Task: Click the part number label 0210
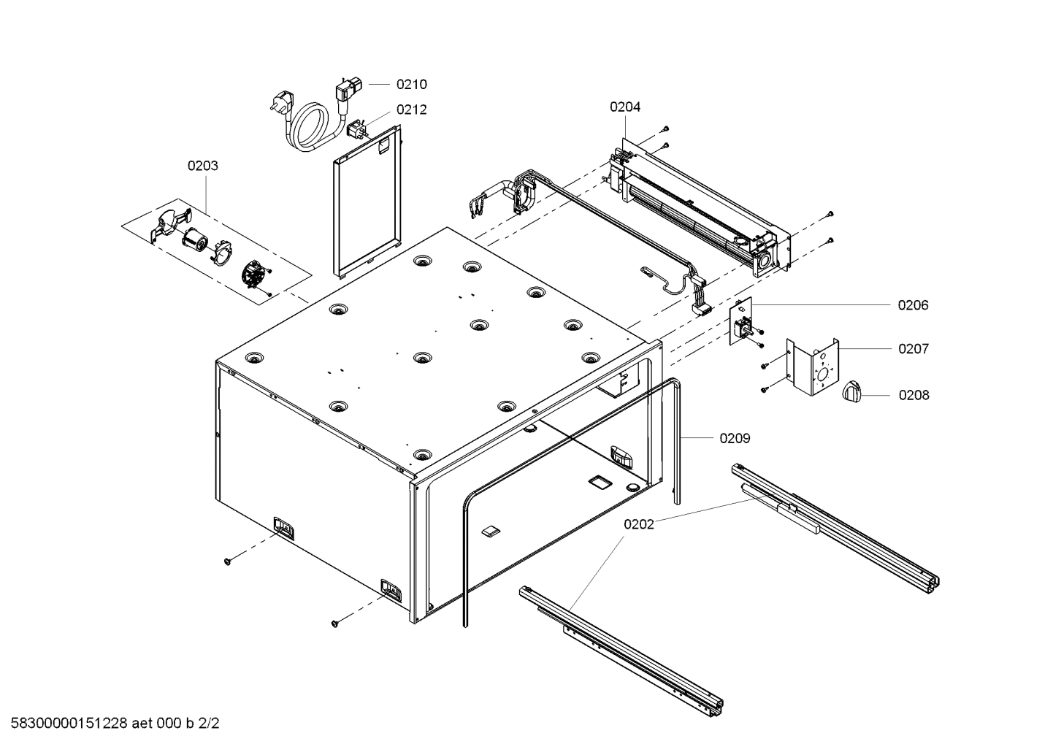tap(411, 84)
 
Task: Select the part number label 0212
tap(411, 110)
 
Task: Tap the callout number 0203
tap(202, 166)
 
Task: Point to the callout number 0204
tap(625, 107)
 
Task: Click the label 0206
tap(913, 305)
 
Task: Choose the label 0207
tap(913, 349)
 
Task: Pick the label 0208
tap(914, 395)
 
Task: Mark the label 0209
tap(735, 438)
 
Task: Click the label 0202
tap(639, 524)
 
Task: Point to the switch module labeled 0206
tap(743, 323)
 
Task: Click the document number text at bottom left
tap(110, 724)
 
